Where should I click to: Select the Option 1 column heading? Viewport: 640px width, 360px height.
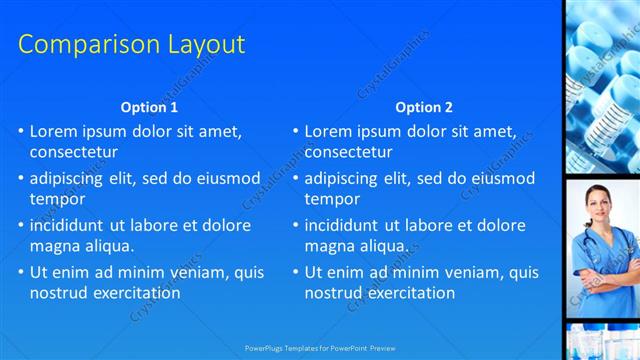pos(149,107)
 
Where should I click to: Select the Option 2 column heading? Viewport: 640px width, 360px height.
pos(424,107)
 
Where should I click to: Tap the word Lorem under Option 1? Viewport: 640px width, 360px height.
pos(54,131)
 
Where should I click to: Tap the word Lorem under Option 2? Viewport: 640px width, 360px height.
pos(329,131)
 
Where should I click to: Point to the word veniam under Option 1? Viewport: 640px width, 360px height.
pos(193,272)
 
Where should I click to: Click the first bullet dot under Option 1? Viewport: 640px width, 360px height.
pos(21,132)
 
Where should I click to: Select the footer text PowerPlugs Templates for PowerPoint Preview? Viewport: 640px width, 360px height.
pos(320,347)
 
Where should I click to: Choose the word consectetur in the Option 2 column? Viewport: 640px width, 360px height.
pos(348,152)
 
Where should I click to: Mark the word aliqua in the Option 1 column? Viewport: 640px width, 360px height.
pos(110,246)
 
